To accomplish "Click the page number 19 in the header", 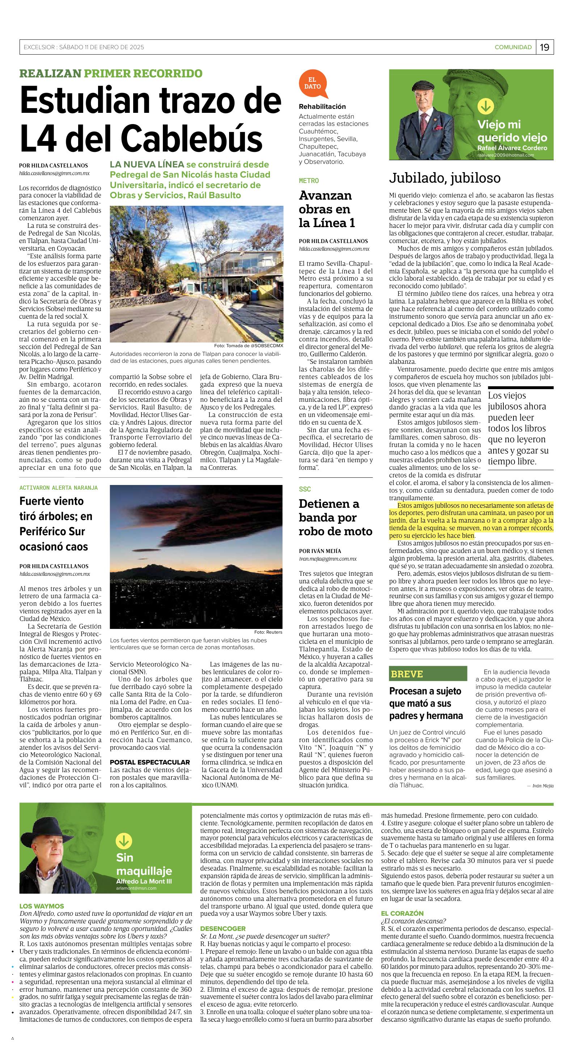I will [x=545, y=47].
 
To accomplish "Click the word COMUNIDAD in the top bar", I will [x=513, y=47].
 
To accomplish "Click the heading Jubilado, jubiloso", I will [x=444, y=178].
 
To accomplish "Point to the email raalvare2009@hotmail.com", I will [x=506, y=155].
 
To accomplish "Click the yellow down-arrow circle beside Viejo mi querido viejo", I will [x=485, y=107].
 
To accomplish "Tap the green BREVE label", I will [x=407, y=674].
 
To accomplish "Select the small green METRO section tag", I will [x=309, y=181].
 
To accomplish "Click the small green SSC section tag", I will [x=305, y=489].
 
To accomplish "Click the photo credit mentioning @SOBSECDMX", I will [x=248, y=345].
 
